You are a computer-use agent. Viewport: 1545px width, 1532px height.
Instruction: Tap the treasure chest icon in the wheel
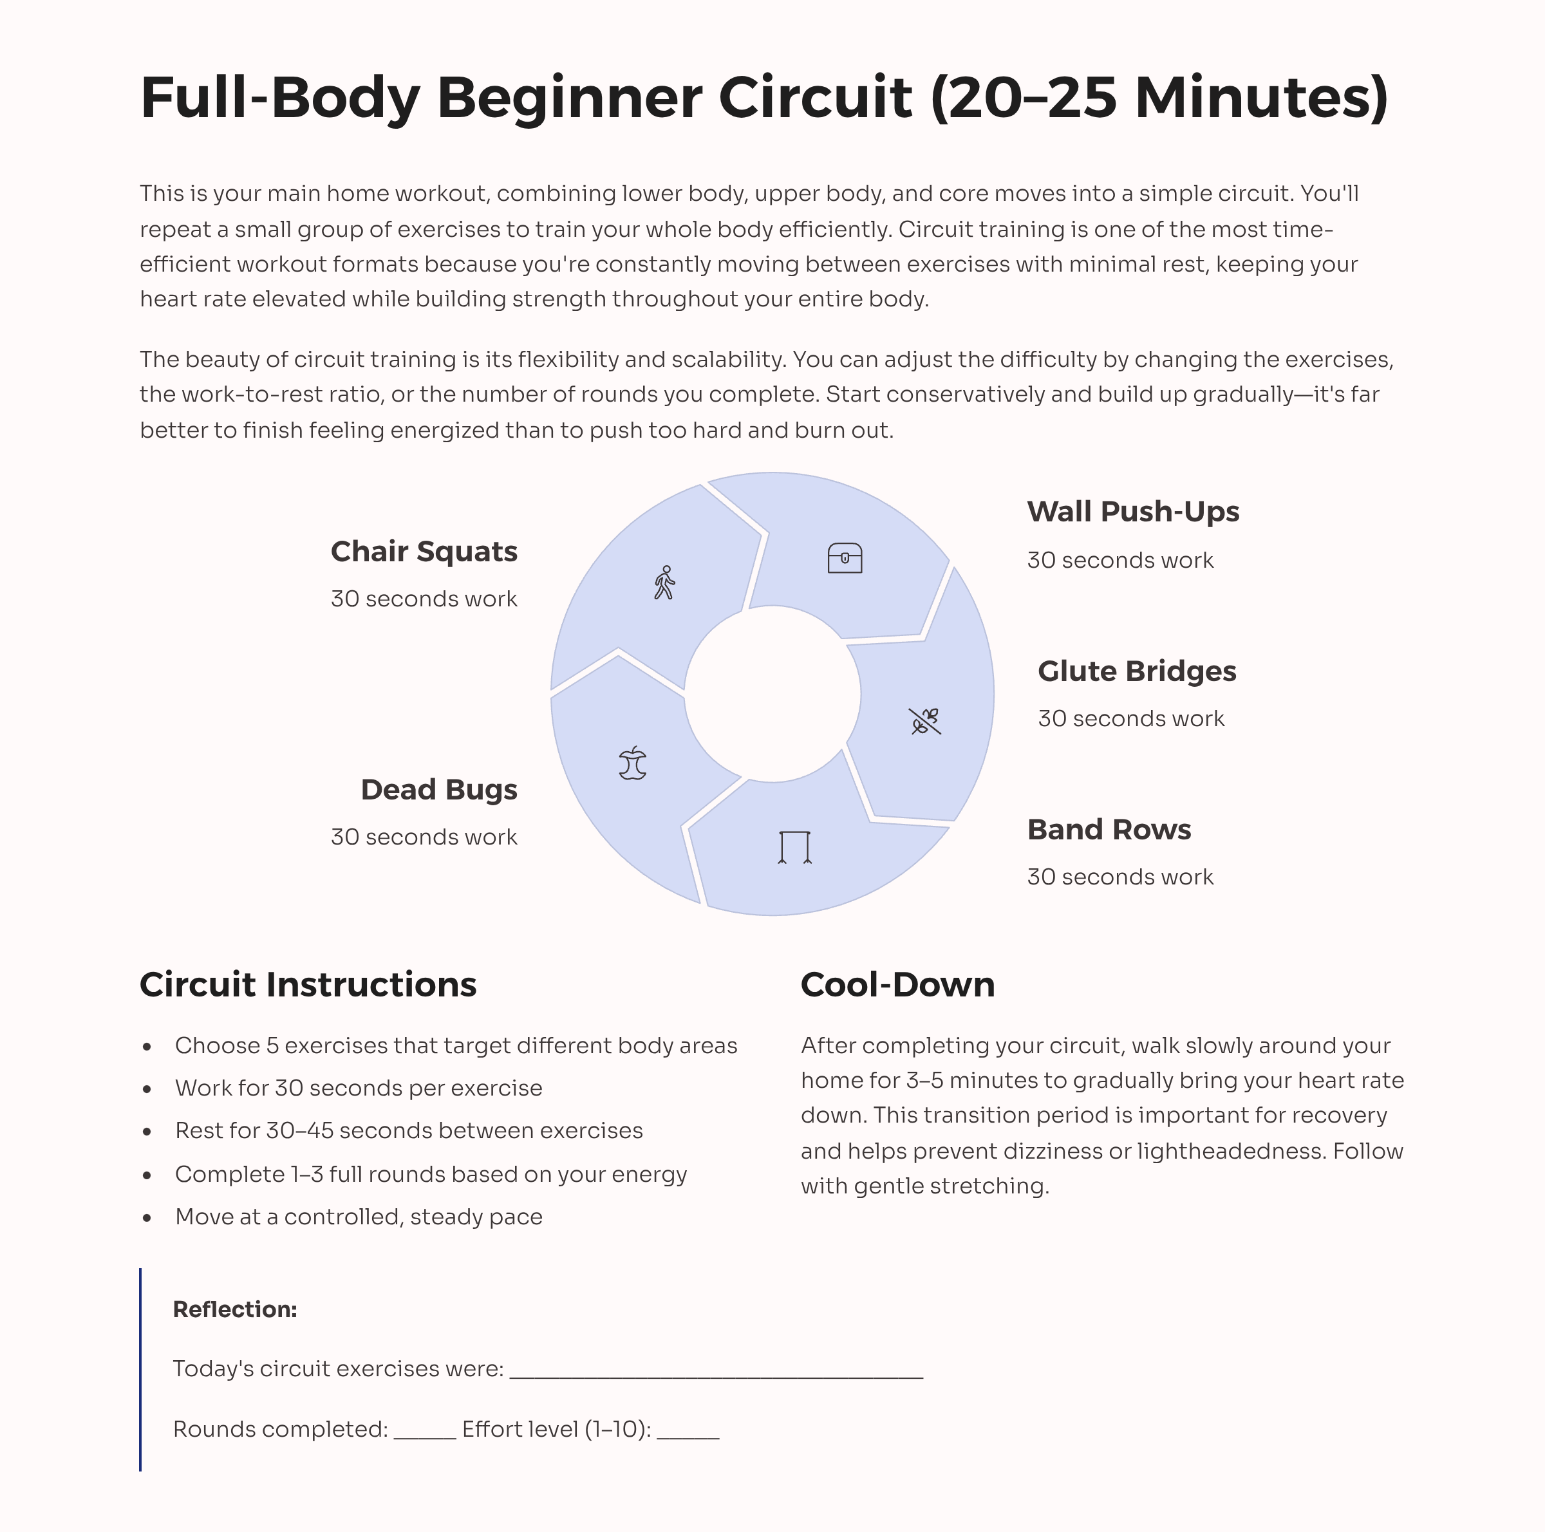(845, 557)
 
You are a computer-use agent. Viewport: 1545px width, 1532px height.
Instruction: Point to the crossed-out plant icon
(925, 720)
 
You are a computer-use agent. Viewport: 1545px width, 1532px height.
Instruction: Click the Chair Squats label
(424, 551)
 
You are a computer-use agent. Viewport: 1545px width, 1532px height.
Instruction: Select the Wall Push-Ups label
(1132, 511)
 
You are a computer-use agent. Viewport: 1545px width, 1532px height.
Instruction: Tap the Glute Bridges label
(1136, 671)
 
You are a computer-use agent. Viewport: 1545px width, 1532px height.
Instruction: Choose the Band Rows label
(1109, 829)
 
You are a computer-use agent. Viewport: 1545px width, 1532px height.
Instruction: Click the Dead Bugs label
(438, 789)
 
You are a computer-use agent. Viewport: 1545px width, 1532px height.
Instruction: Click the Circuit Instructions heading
(308, 984)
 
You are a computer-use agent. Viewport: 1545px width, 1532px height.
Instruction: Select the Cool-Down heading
(897, 984)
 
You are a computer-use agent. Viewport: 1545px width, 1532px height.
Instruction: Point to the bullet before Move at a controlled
(147, 1218)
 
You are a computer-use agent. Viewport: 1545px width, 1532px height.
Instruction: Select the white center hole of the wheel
(772, 693)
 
